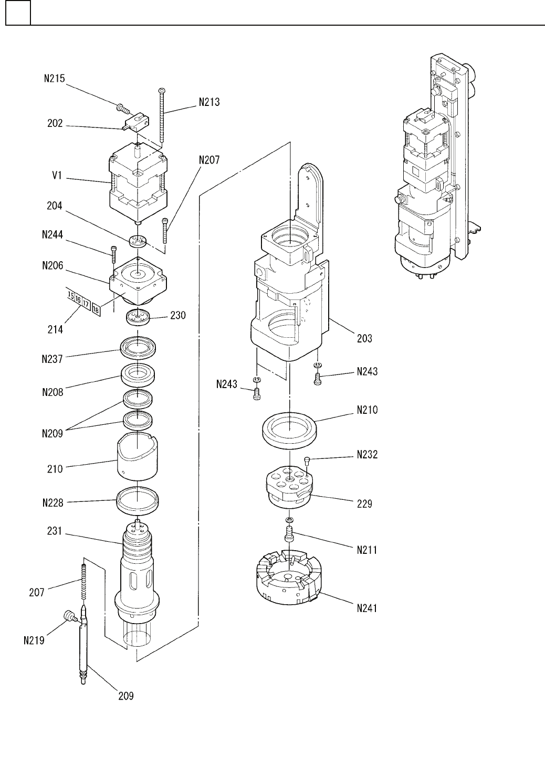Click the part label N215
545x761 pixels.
click(55, 79)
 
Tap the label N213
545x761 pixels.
click(209, 102)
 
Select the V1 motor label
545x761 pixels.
click(57, 175)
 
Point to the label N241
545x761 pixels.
click(367, 608)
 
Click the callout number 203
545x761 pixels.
click(364, 338)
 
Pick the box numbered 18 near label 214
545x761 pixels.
click(96, 309)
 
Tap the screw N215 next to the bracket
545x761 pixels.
click(123, 109)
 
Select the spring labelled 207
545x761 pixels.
click(83, 582)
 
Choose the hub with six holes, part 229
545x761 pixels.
click(289, 488)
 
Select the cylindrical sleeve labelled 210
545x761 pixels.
click(138, 456)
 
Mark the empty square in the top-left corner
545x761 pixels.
click(18, 13)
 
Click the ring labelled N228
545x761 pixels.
click(138, 502)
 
